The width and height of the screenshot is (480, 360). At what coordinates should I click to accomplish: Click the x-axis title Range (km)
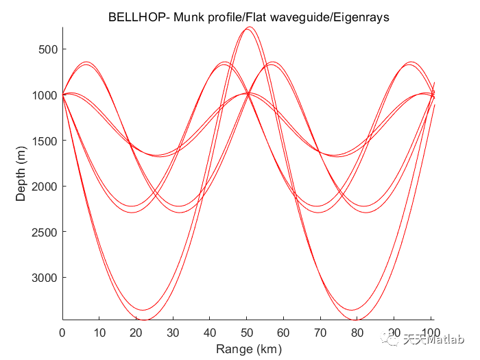click(248, 349)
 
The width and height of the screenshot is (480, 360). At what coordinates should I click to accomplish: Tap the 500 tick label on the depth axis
click(47, 49)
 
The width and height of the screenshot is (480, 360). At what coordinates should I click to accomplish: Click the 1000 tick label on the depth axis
click(45, 95)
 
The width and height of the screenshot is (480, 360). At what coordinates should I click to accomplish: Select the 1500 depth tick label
click(45, 141)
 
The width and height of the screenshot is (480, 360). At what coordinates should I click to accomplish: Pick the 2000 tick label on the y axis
click(45, 186)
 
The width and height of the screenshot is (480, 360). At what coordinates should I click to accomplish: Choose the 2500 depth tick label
click(45, 232)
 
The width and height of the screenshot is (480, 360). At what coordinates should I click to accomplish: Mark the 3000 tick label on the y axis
click(45, 277)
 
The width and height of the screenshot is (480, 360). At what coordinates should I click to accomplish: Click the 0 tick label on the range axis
click(62, 333)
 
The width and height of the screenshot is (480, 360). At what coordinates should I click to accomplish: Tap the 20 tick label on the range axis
click(136, 333)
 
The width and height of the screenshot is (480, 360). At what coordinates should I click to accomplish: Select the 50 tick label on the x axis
click(248, 333)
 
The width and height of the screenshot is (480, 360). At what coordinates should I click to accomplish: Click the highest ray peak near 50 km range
click(248, 28)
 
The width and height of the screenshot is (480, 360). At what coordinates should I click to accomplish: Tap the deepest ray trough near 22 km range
click(145, 320)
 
